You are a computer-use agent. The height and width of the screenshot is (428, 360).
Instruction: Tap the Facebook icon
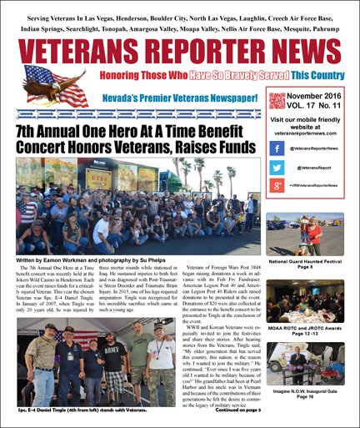(277, 147)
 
